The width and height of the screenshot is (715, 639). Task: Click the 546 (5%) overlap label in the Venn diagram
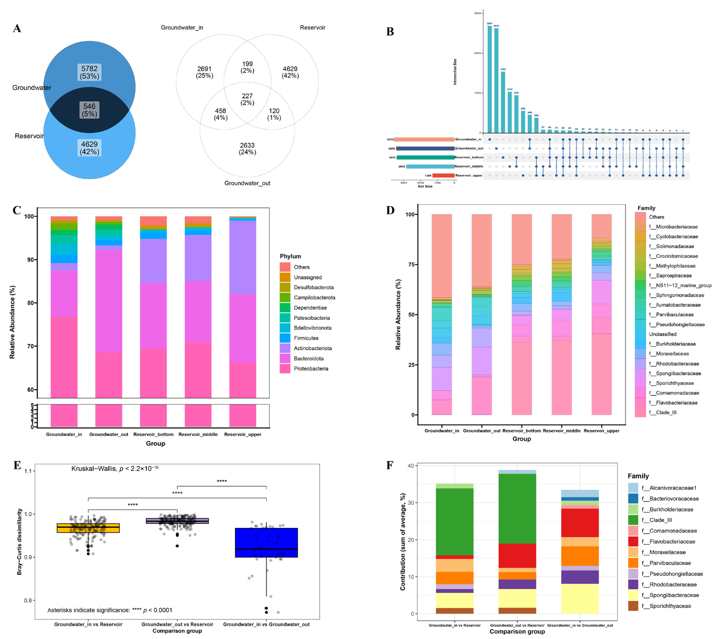pos(89,110)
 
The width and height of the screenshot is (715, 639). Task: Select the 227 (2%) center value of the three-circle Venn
pos(247,99)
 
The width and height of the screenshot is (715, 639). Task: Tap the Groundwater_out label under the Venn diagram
pos(247,183)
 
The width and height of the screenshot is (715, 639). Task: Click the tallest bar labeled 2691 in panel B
pos(489,79)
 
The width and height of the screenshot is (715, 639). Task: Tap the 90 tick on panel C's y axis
pos(30,260)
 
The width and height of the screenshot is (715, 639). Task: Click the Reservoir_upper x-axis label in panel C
pos(242,434)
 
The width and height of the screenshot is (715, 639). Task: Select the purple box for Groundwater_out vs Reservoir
pos(177,521)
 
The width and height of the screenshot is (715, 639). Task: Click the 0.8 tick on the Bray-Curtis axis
pos(28,600)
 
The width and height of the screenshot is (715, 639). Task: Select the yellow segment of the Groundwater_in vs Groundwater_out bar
pos(580,599)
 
